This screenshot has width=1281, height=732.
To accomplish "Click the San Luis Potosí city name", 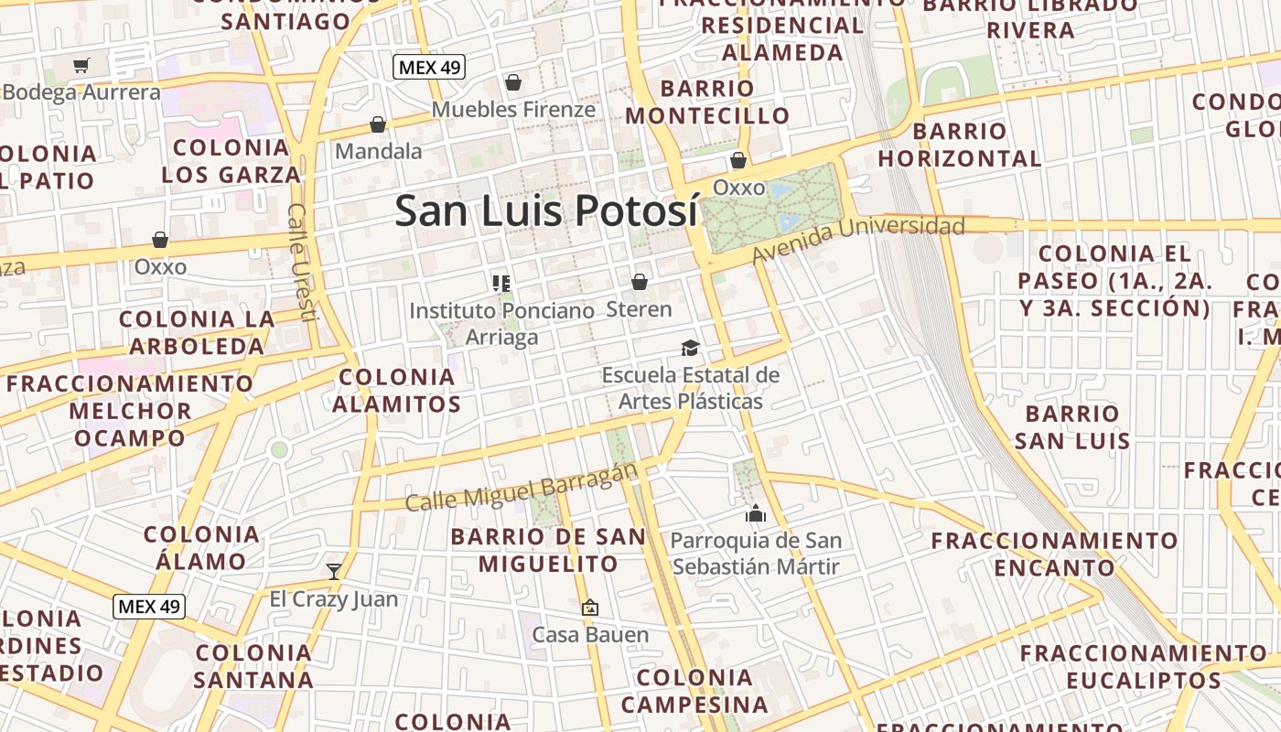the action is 546,210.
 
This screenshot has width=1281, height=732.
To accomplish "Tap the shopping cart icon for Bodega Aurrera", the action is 81,65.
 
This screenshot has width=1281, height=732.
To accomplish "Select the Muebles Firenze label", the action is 513,110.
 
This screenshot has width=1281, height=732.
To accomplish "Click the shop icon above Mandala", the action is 378,124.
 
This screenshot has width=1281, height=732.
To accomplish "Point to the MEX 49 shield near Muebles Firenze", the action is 429,66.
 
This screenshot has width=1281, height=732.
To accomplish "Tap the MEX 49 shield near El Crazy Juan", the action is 150,606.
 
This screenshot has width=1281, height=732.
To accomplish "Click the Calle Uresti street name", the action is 301,262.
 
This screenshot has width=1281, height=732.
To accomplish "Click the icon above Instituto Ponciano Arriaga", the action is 501,283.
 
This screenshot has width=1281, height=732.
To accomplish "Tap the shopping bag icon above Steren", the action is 640,282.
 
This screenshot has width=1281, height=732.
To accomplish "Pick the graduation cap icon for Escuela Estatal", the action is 690,348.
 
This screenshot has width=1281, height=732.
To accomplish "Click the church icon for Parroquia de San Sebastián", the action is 755,513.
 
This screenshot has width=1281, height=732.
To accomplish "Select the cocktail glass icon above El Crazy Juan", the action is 334,572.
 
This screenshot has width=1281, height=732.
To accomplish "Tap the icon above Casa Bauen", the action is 590,607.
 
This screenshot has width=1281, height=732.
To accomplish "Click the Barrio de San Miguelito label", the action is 549,550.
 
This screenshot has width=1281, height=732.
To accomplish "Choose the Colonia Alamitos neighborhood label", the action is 396,390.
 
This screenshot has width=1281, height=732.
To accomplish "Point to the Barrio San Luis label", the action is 1072,427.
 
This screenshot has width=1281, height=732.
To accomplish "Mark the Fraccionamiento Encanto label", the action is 1054,554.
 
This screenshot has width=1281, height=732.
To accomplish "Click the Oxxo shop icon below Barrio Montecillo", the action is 738,161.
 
